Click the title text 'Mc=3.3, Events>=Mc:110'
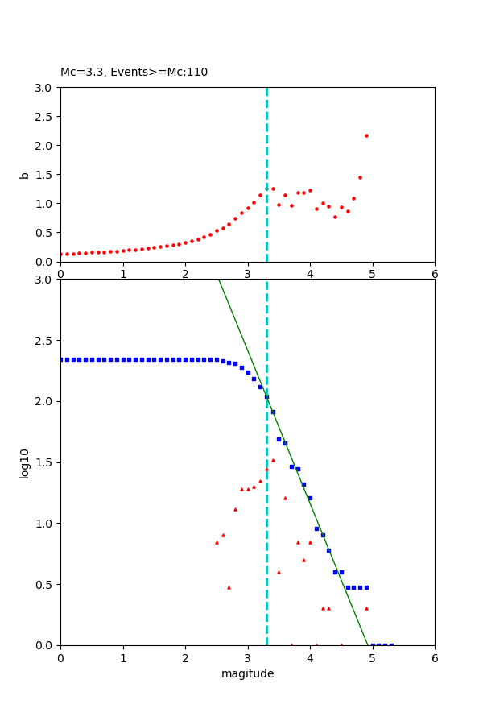134,72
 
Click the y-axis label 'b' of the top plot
24,175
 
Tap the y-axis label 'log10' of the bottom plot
24,463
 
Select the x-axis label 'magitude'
247,673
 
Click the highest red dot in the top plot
366,135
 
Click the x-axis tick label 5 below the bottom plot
372,657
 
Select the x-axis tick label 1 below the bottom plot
122,657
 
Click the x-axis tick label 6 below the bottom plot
435,657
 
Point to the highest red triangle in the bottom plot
273,460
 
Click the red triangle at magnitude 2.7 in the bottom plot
229,587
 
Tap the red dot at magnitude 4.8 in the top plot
360,177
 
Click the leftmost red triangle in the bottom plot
217,542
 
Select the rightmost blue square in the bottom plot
391,644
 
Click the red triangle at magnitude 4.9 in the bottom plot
366,608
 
